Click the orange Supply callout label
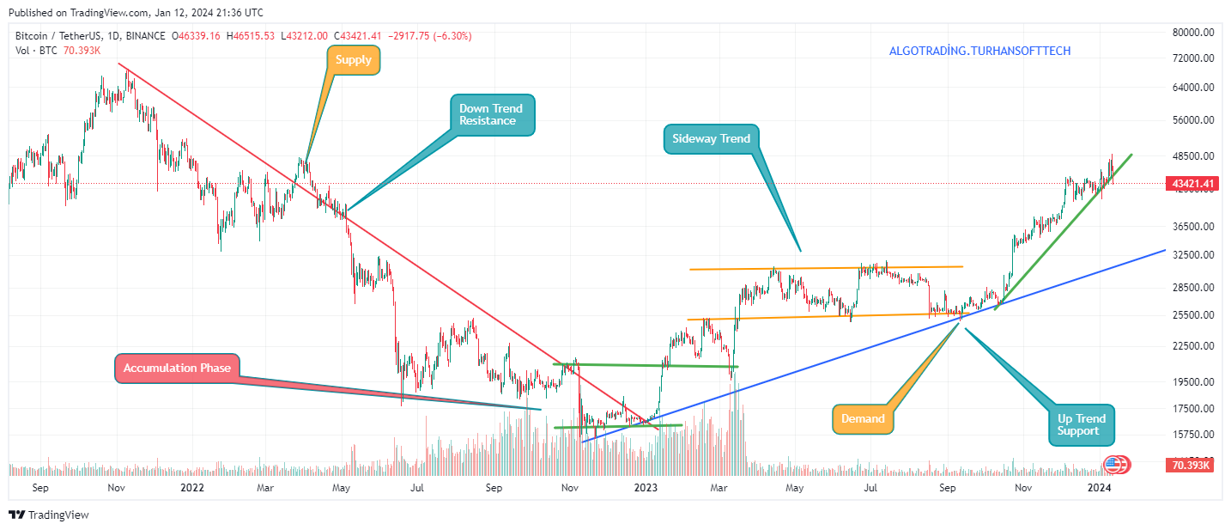click(354, 60)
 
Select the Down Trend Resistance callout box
click(493, 114)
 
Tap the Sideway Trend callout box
click(711, 138)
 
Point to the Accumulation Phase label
click(177, 368)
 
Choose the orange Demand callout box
click(862, 418)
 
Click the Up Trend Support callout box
click(1082, 424)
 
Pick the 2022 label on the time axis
click(192, 488)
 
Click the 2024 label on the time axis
click(1100, 488)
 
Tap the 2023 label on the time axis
click(646, 488)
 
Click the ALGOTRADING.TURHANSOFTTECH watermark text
click(979, 52)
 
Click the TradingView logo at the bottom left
click(49, 515)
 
